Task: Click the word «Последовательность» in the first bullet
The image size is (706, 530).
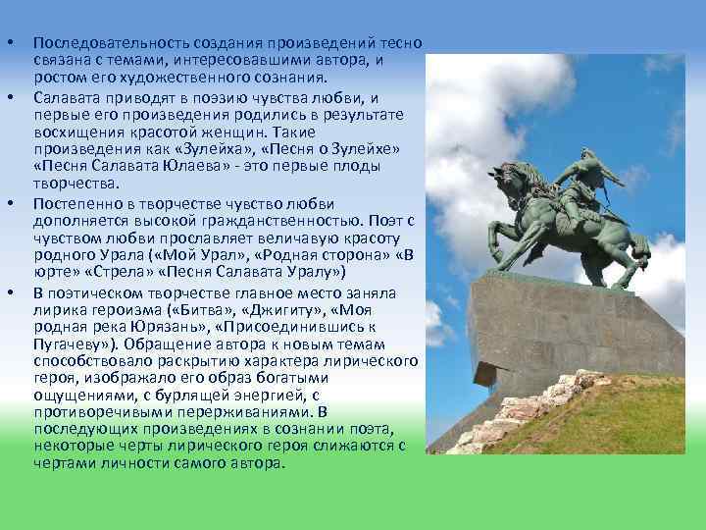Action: point(98,45)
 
